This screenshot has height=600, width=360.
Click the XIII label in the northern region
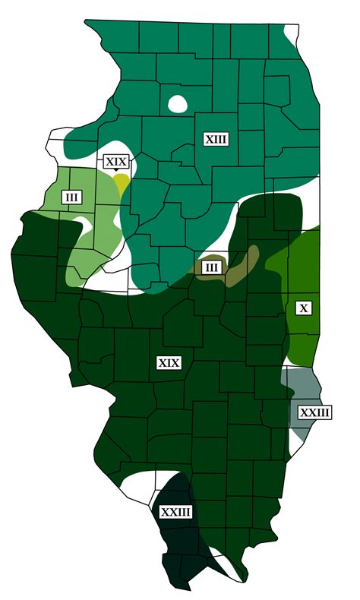216,139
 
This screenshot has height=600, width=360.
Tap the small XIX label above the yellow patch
116,162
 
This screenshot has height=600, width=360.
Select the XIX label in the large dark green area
169,362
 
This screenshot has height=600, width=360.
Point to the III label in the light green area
72,198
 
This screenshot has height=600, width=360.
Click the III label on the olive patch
213,267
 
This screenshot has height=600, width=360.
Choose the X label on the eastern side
304,308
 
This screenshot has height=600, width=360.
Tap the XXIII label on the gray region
314,412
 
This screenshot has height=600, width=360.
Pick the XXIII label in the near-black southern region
175,512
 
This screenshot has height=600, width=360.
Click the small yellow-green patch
122,184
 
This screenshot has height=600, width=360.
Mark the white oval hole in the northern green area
178,103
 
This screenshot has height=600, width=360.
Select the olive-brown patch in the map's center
242,266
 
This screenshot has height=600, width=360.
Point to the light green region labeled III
87,228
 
